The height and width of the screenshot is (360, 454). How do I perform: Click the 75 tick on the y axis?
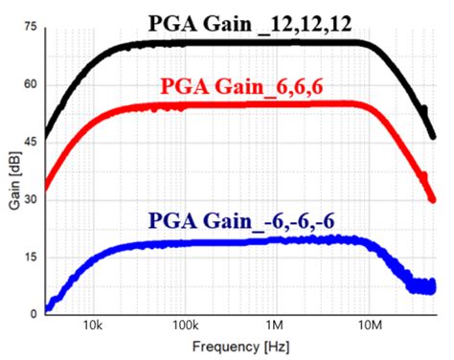29,28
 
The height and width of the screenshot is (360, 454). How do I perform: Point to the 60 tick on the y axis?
29,85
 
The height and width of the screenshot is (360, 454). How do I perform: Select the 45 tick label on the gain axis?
29,142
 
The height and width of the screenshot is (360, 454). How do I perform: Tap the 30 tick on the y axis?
29,199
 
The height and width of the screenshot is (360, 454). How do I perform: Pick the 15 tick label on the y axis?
29,257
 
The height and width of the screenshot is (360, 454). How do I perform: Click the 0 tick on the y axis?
33,313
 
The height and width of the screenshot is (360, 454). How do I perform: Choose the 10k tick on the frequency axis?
94,326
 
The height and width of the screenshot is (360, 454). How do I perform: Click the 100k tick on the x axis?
184,326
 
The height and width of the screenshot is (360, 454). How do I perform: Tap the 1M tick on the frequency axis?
276,326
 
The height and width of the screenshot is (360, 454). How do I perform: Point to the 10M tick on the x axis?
367,326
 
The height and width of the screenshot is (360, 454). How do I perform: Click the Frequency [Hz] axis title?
240,345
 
